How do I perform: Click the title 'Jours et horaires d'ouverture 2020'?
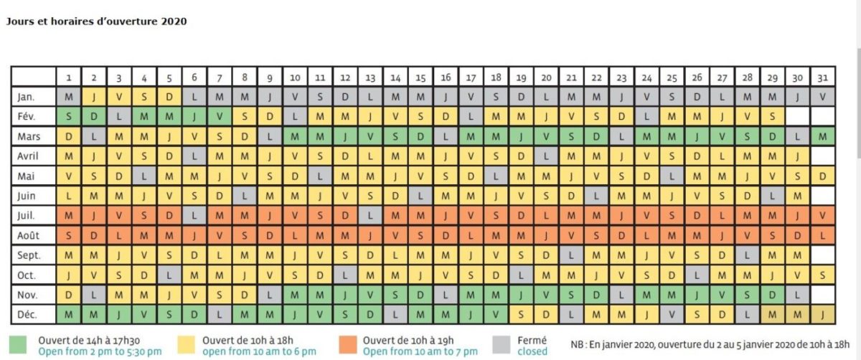tap(96, 22)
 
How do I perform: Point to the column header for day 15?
tap(420, 77)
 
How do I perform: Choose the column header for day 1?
tap(69, 77)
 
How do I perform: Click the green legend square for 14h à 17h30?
tap(22, 345)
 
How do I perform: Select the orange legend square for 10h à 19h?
tap(347, 345)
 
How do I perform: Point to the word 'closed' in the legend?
tap(532, 351)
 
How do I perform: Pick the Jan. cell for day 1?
tap(69, 96)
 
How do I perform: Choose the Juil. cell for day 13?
tap(370, 214)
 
